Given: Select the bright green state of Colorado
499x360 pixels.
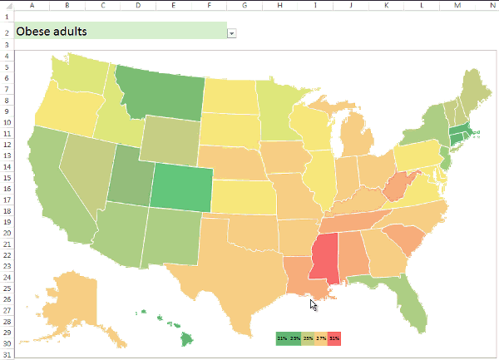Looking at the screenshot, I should [179, 185].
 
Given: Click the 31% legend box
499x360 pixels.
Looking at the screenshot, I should [334, 338].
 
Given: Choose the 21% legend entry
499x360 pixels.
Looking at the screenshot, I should [282, 338].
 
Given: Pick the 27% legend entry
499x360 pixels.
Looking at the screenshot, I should [321, 338].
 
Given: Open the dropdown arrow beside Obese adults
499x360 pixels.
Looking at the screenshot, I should [231, 32].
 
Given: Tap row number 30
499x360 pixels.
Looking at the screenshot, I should [6, 343].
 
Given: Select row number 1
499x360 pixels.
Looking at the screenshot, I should [6, 17].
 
